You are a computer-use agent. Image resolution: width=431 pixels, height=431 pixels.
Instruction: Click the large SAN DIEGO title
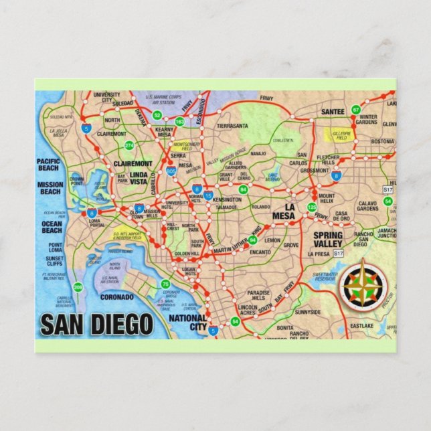coord(96,324)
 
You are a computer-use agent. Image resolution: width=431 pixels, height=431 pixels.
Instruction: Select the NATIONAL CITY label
coord(188,323)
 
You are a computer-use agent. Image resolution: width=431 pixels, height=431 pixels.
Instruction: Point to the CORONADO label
coord(116,296)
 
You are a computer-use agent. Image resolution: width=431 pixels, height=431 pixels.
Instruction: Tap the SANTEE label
coord(333,111)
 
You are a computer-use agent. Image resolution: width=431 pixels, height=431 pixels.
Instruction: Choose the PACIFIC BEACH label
coord(49,165)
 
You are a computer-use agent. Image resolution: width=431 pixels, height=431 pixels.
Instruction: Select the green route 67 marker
coord(356,109)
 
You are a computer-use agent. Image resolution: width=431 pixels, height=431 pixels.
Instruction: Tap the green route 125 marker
coord(311,207)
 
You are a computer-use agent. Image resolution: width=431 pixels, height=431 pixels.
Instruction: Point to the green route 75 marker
coord(165,284)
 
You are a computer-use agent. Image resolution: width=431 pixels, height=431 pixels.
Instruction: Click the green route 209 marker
coord(78,288)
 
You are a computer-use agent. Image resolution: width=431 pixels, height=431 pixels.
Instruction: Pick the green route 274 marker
coord(129,145)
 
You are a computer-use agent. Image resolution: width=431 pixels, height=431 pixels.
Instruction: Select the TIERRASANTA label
coord(232,125)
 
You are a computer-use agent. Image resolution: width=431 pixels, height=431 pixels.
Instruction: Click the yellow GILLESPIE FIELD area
coord(341,135)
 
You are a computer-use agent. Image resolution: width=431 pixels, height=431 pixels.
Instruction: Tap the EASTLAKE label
coord(361,326)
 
